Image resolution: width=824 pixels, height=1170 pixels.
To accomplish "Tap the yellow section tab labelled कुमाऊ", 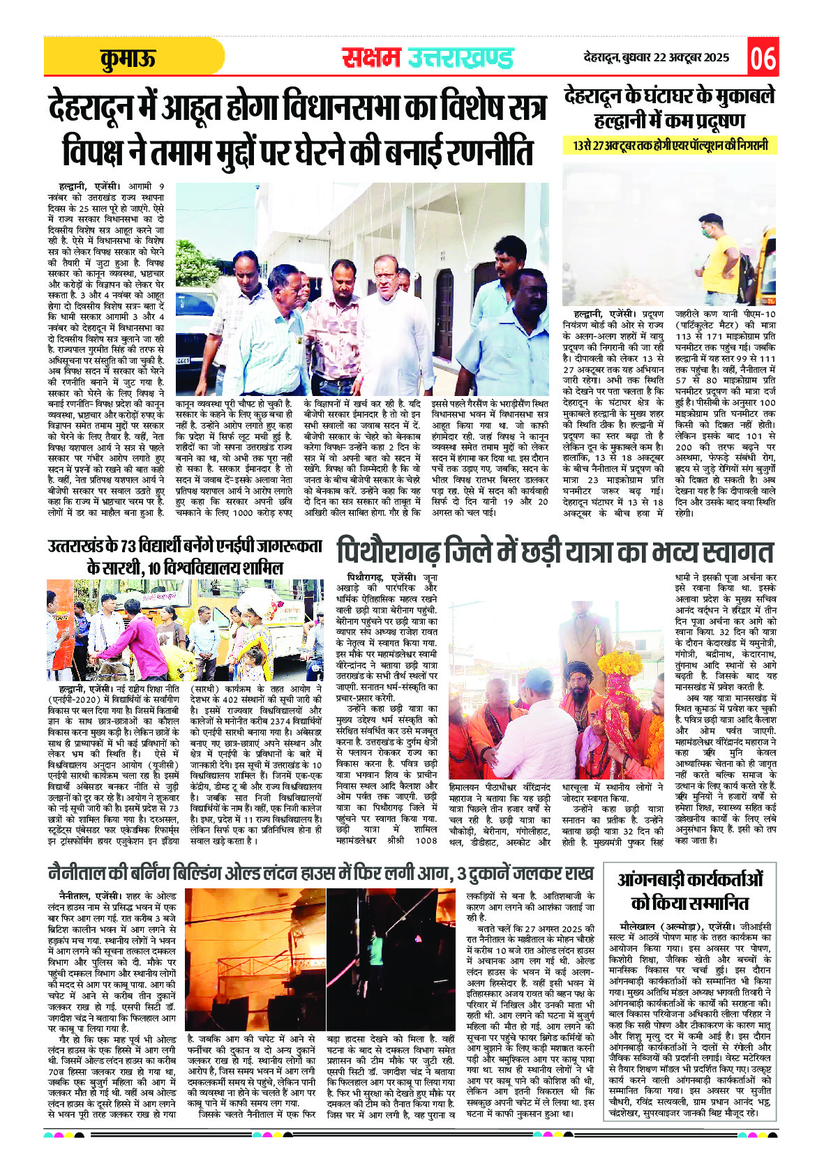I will pyautogui.click(x=127, y=59).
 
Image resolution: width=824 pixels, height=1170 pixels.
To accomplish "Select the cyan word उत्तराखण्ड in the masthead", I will pyautogui.click(x=460, y=59).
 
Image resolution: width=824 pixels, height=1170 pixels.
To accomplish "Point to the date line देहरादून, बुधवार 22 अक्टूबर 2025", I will pyautogui.click(x=656, y=58).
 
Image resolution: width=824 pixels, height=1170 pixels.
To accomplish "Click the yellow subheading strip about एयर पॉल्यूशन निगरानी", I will pyautogui.click(x=670, y=146).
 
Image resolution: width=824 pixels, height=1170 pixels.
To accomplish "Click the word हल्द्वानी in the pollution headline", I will pyautogui.click(x=621, y=121).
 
